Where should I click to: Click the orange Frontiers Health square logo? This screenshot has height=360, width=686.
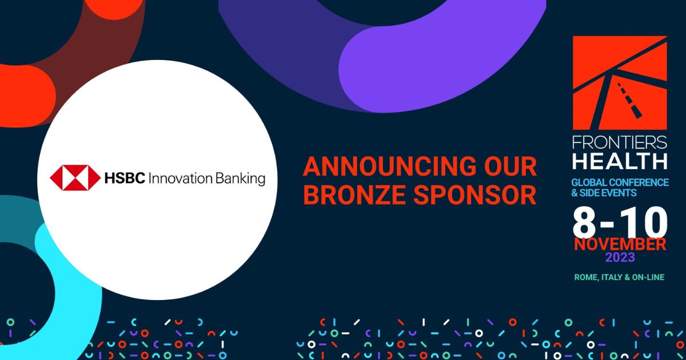pos(620,83)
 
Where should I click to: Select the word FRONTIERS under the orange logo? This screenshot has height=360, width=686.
pos(620,142)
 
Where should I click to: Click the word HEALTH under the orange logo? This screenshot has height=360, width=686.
pos(620,161)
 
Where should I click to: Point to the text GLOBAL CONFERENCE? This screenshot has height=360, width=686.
pos(620,182)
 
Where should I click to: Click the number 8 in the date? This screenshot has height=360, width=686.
pos(584,222)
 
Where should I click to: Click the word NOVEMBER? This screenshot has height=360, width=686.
pos(620,245)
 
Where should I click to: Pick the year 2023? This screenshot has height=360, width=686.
pos(620,258)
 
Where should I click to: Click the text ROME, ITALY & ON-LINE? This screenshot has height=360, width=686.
pos(620,277)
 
